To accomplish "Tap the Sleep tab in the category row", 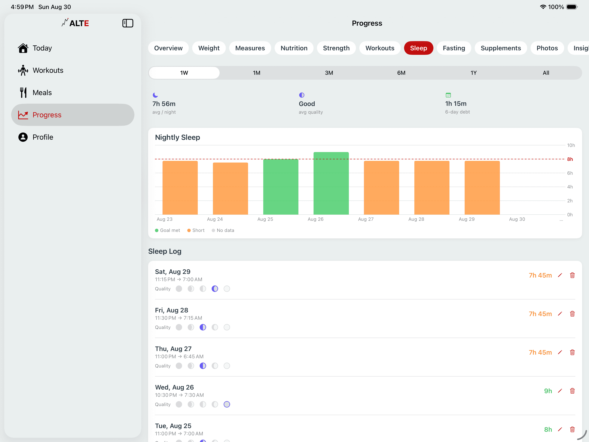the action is point(418,48).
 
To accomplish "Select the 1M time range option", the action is point(256,73).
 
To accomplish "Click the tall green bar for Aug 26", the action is point(331,183).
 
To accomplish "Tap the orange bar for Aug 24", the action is point(230,189).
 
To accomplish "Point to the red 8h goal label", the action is point(570,159).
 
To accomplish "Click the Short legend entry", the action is point(196,230).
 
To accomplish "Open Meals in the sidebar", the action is point(42,93).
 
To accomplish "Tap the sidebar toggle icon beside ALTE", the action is point(128,23).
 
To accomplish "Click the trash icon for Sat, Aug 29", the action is point(572,275).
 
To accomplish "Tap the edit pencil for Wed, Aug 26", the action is point(560,391).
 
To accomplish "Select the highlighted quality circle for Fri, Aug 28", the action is point(203,327).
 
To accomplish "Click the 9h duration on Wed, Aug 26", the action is point(548,391).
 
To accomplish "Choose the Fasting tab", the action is point(454,48).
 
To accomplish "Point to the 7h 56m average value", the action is point(164,104).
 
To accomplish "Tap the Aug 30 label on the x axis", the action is point(517,219).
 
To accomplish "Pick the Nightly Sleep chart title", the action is point(178,137).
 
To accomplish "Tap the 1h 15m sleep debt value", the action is point(456,104).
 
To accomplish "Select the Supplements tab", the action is point(501,48).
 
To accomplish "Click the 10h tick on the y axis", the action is point(571,145).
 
